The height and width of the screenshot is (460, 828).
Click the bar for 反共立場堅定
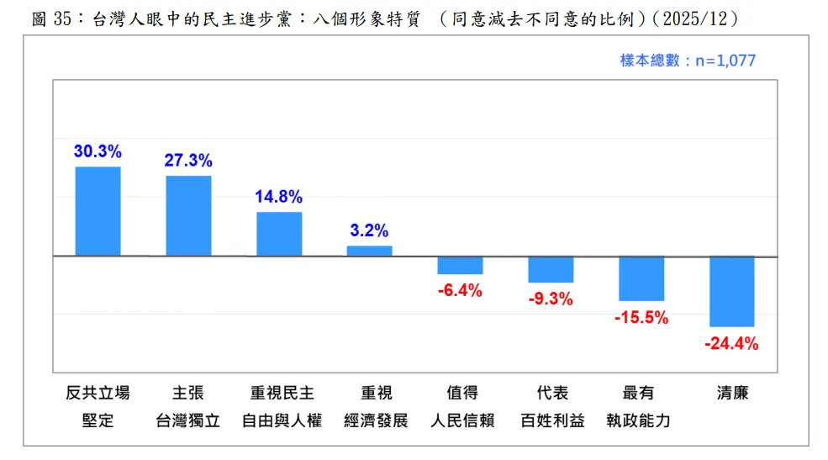[98, 211]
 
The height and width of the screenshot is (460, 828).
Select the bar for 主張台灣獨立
[188, 215]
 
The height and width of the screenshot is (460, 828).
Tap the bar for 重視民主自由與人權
[279, 234]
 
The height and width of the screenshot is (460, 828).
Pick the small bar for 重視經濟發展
[369, 251]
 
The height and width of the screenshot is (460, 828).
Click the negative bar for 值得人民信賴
[460, 265]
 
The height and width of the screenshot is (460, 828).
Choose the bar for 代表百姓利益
[551, 269]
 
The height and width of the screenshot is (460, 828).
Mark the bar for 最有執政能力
[641, 278]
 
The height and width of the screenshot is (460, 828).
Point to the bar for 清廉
[731, 291]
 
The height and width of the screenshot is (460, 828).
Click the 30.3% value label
[98, 152]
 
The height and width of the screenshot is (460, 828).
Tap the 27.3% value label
[188, 161]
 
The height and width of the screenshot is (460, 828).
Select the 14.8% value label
[279, 198]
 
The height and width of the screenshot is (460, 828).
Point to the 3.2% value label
[369, 231]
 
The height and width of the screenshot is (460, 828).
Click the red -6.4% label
[460, 291]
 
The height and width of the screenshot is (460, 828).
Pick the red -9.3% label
[551, 299]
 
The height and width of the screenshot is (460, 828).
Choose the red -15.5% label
[641, 317]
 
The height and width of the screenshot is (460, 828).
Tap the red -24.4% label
[731, 343]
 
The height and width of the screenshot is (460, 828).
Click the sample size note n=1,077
[688, 61]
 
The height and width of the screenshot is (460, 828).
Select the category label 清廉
[731, 393]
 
